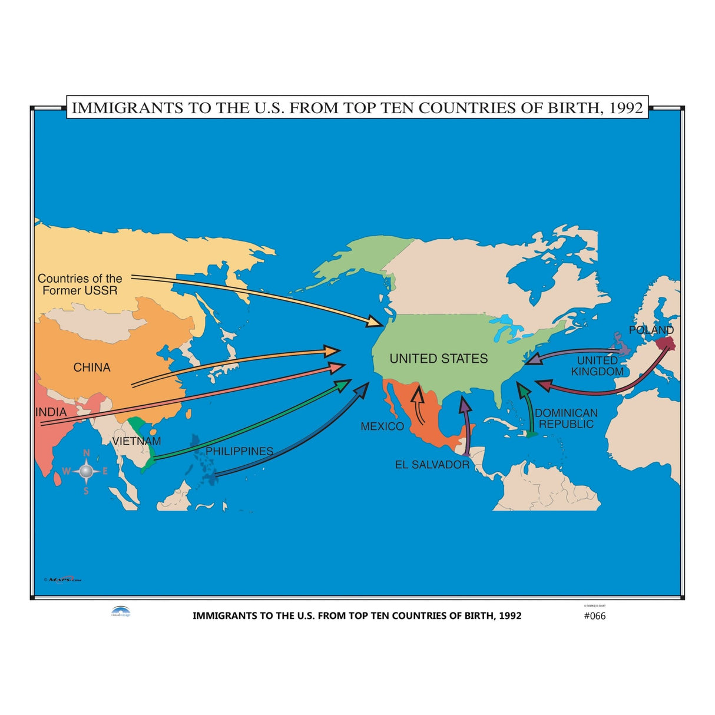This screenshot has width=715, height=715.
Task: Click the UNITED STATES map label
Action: [x=439, y=359]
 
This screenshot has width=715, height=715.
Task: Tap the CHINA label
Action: [x=92, y=368]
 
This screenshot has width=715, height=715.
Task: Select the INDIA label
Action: [x=51, y=412]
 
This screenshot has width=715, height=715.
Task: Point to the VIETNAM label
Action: [x=137, y=441]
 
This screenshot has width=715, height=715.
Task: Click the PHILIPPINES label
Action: [x=239, y=451]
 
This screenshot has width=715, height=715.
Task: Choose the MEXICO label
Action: [x=382, y=426]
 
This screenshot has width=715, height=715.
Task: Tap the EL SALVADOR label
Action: [x=432, y=465]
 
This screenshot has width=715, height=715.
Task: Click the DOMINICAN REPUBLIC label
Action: [x=566, y=419]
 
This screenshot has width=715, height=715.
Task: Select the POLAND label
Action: [x=651, y=330]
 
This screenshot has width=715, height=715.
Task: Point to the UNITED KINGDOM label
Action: [x=597, y=366]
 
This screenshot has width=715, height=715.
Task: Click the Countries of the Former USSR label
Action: [x=80, y=284]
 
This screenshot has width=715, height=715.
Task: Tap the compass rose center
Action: [x=86, y=471]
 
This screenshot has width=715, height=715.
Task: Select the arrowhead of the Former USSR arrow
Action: [x=375, y=322]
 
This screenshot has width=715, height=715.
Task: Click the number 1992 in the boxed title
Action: [x=625, y=108]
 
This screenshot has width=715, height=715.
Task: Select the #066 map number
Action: [x=594, y=616]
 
